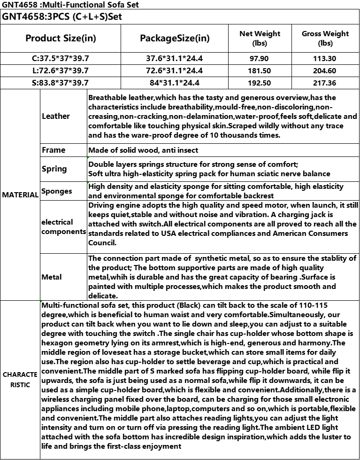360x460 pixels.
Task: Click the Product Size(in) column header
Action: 61,38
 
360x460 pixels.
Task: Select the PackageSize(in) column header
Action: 175,38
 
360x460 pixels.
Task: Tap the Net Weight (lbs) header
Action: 260,38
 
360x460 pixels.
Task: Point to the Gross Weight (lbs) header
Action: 325,38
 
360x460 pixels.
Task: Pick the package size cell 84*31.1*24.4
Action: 175,83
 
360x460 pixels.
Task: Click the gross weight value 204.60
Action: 325,71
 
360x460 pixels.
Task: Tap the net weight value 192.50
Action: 260,83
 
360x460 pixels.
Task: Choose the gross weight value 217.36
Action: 325,83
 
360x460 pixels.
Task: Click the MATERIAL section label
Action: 20,195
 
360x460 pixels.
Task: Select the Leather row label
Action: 55,116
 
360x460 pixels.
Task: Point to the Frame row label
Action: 54,150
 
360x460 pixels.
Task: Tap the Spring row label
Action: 54,169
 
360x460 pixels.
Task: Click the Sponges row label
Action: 57,191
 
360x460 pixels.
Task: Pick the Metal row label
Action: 52,277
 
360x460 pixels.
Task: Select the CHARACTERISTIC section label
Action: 20,380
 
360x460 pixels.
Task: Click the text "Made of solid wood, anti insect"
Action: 143,150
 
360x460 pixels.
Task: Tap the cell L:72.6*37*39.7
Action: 61,71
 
